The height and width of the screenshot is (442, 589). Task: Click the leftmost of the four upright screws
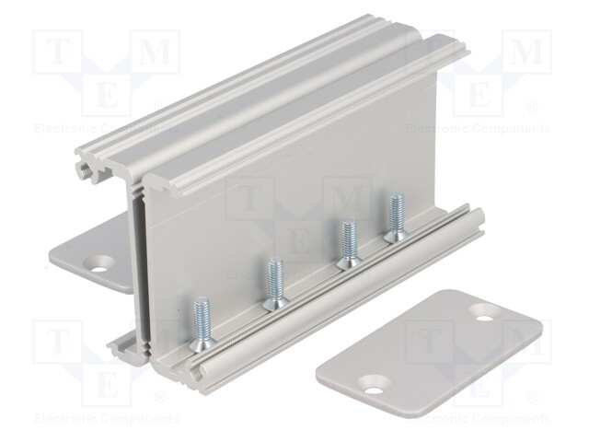pyautogui.click(x=202, y=323)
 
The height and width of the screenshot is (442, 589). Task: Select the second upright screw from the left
pyautogui.click(x=276, y=284)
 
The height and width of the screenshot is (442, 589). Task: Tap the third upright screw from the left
pyautogui.click(x=350, y=243)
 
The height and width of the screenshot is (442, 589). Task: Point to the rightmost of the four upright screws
pyautogui.click(x=396, y=217)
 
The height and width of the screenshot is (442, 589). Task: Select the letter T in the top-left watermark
pyautogui.click(x=57, y=52)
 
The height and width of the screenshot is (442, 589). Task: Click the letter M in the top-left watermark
pyautogui.click(x=156, y=52)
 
